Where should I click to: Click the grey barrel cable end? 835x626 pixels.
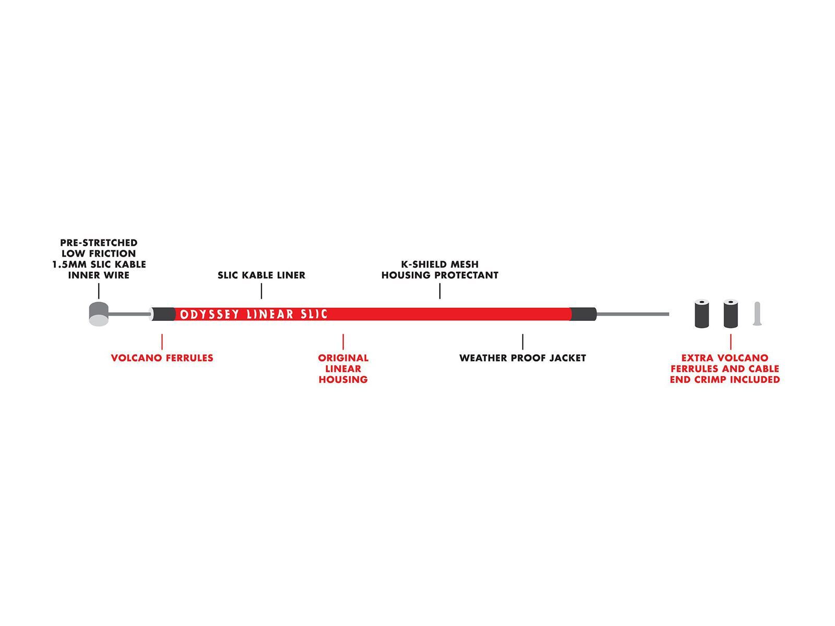(x=99, y=314)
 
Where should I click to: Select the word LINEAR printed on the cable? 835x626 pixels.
(x=270, y=315)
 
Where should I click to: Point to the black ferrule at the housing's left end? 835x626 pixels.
(x=163, y=315)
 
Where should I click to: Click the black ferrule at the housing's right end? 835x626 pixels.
(x=583, y=315)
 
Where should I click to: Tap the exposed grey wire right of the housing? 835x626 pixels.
(x=633, y=314)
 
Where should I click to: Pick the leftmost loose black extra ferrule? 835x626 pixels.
(x=701, y=314)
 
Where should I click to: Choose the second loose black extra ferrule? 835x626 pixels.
(x=731, y=314)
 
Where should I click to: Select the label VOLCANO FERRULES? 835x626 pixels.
(x=162, y=358)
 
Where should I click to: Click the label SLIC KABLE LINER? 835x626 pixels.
(x=261, y=275)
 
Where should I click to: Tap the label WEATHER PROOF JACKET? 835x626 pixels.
(x=523, y=358)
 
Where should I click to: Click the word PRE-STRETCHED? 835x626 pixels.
(x=99, y=243)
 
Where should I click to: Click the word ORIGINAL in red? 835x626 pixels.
(x=343, y=358)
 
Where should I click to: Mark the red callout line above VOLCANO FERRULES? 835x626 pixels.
(x=162, y=342)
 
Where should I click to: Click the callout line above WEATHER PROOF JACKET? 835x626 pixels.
(x=523, y=342)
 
